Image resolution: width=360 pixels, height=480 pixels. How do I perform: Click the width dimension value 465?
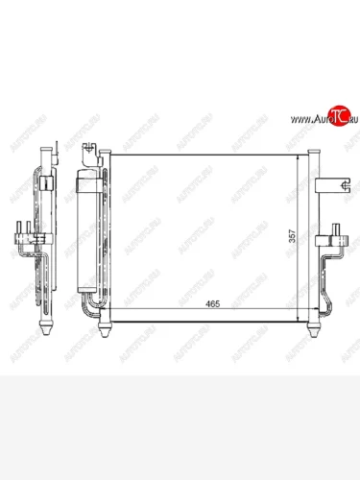tap(211, 304)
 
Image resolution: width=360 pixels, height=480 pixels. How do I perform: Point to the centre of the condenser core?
tap(206, 235)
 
